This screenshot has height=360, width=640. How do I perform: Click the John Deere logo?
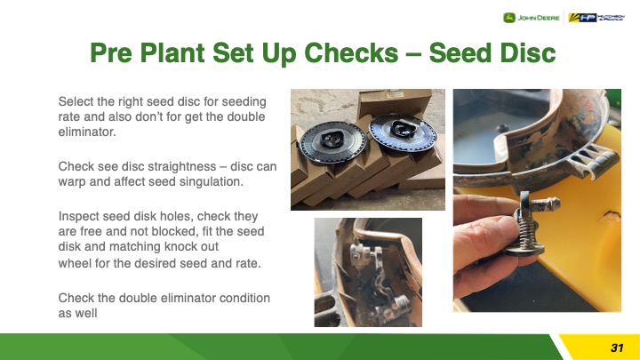[531, 18]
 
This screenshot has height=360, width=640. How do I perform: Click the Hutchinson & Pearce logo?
[596, 18]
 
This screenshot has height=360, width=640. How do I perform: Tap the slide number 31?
[617, 348]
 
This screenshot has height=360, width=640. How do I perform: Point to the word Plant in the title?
[172, 52]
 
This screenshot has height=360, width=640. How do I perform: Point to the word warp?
[72, 182]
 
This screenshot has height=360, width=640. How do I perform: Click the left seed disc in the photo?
[332, 142]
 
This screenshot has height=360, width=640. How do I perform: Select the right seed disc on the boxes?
[403, 132]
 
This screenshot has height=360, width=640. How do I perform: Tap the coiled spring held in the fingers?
[528, 233]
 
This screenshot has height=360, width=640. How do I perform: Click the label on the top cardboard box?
[394, 95]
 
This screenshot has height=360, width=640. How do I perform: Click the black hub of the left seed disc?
[332, 140]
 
